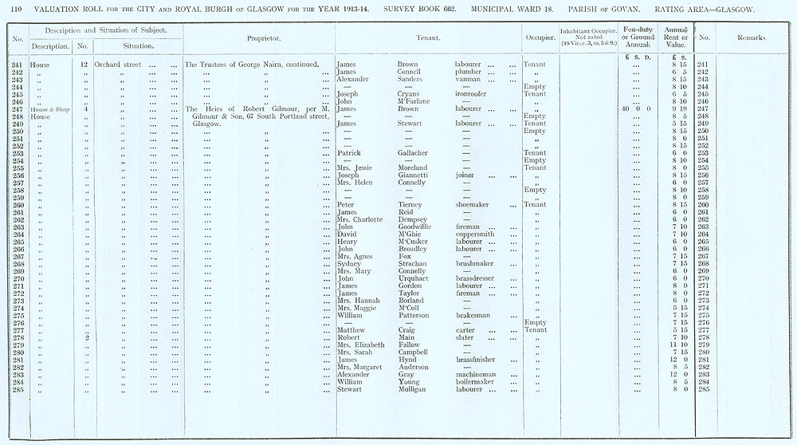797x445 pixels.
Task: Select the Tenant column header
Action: pos(429,37)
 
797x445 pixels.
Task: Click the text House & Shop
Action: pos(50,108)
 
